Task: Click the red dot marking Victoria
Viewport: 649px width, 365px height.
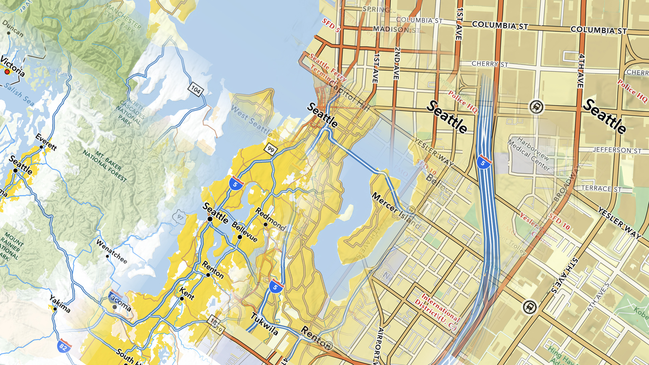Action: coord(7,72)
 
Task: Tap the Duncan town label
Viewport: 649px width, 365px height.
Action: coord(13,28)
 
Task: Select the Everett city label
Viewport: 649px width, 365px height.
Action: coord(46,142)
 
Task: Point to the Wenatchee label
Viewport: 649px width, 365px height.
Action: coord(112,251)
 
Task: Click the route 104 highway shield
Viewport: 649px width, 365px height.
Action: coord(196,90)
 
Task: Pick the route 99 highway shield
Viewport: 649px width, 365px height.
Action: coord(270,149)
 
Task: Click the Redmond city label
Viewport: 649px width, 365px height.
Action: coord(270,219)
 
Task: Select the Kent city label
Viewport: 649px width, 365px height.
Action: coord(187,293)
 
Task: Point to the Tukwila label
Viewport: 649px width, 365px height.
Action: coord(265,324)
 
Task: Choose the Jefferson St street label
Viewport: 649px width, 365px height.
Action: coord(617,150)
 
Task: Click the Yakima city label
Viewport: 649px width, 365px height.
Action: coord(60,303)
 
